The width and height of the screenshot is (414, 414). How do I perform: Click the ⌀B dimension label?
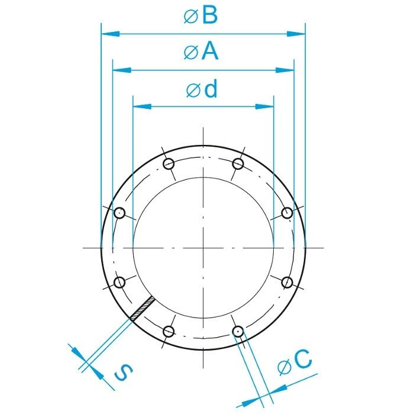pos(202,16)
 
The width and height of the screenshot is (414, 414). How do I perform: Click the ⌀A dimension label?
pos(202,53)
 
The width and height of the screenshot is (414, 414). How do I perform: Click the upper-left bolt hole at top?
pos(168,163)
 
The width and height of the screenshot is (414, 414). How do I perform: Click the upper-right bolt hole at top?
pos(238,163)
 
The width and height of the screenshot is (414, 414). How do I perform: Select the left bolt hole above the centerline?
pos(119,213)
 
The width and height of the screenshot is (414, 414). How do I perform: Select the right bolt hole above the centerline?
pos(286,213)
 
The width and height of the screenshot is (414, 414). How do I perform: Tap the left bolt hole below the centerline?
pos(119,282)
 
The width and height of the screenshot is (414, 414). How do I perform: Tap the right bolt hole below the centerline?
pos(286,282)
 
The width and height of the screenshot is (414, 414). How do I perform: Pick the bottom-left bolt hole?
pos(168,331)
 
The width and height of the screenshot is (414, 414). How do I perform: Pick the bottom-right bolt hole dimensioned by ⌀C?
pos(238,331)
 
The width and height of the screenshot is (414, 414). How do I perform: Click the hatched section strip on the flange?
pos(143,309)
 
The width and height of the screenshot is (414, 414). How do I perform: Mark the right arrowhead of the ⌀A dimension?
pos(288,70)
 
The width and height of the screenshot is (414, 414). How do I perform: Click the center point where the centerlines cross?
pos(203,247)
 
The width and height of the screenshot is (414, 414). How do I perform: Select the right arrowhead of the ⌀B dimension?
pos(299,34)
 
